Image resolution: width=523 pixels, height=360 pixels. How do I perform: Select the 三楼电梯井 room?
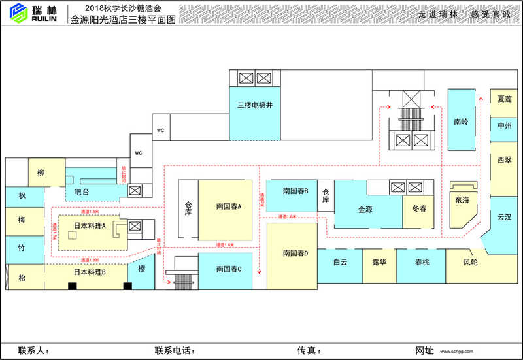254,105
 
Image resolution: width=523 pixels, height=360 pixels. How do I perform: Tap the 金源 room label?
365,210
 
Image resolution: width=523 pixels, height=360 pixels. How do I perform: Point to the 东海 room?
462,200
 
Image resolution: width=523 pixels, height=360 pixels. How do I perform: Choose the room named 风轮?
471,263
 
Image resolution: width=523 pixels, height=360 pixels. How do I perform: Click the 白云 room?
340,263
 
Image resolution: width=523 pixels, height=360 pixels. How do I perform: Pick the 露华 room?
380,263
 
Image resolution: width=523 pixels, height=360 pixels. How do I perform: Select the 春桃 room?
422,263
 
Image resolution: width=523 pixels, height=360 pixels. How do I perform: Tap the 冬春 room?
419,209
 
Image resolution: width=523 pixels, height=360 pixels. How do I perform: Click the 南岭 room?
461,122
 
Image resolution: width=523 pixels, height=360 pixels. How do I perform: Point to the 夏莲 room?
504,99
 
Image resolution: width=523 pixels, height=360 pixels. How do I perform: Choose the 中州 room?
504,126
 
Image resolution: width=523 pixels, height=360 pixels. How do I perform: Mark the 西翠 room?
504,160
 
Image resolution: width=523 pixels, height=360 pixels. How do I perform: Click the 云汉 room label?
504,217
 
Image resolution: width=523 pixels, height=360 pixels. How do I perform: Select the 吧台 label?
82,192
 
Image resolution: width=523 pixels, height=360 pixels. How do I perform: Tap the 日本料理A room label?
90,225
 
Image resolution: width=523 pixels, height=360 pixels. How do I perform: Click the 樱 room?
141,269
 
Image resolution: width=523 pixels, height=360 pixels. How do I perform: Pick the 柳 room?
41,173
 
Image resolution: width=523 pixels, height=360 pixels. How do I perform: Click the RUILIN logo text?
44,19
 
